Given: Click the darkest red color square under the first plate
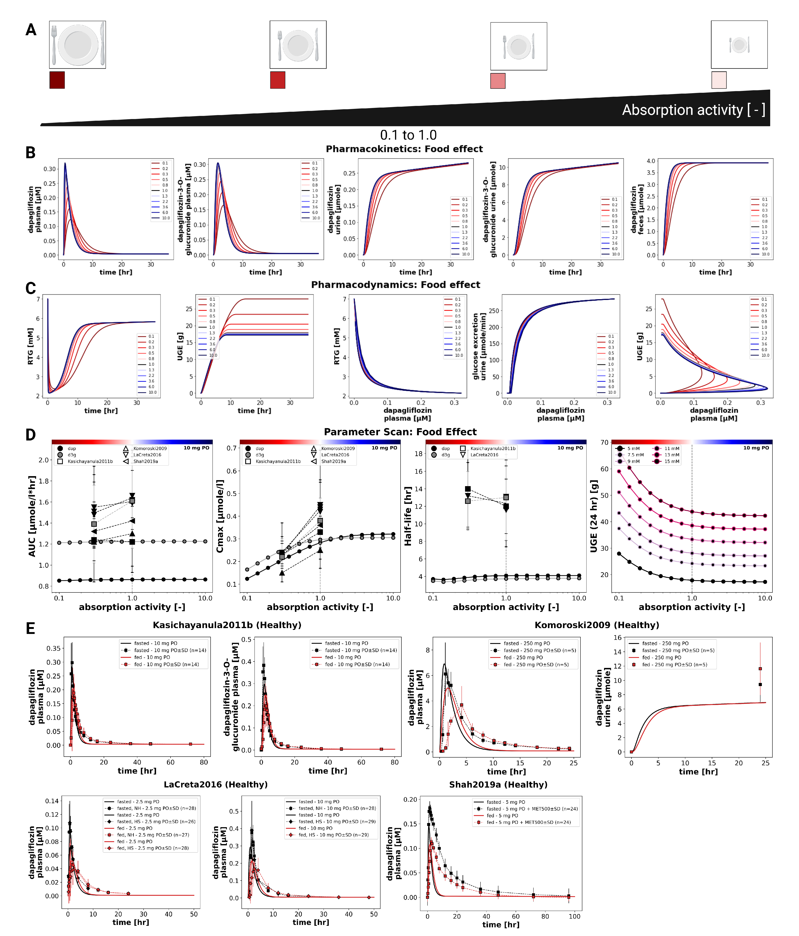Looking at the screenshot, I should pos(57,80).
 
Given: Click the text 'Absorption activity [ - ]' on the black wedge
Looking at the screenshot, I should pos(693,110).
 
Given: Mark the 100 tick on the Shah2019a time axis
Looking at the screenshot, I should pos(574,916).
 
